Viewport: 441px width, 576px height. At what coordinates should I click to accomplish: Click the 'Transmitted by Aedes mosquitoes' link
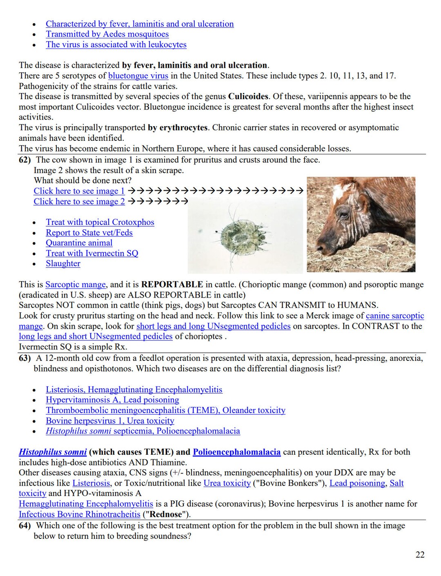(107, 34)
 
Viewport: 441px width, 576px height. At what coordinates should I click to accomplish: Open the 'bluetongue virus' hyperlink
(138, 76)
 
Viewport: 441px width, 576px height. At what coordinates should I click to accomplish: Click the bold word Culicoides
(248, 97)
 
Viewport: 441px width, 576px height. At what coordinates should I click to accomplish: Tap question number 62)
(24, 160)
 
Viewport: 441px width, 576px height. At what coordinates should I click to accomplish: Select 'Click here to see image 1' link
(79, 191)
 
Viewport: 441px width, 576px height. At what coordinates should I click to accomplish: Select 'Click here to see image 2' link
(79, 202)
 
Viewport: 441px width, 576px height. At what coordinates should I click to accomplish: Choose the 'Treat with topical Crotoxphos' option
(100, 222)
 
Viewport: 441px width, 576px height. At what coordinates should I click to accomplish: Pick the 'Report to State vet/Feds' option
(89, 233)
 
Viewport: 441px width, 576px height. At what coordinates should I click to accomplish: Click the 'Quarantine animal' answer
(79, 243)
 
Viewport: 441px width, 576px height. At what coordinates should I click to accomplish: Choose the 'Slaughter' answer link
(63, 264)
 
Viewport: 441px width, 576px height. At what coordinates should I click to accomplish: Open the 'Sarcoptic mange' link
(76, 285)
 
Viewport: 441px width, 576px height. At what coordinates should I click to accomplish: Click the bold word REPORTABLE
(172, 285)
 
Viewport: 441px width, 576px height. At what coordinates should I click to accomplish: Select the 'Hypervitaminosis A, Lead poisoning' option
(112, 400)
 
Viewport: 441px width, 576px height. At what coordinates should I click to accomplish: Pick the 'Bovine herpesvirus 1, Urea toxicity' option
(110, 421)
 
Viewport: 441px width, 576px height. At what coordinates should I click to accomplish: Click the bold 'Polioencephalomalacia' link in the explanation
(236, 452)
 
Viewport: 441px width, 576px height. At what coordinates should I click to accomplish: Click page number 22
(420, 555)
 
